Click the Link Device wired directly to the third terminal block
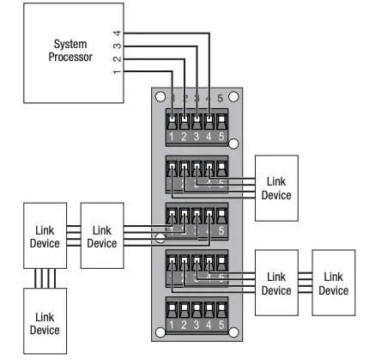coord(102,236)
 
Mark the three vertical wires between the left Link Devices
coord(45,278)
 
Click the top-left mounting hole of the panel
coord(160,97)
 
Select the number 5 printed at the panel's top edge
coord(221,97)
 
